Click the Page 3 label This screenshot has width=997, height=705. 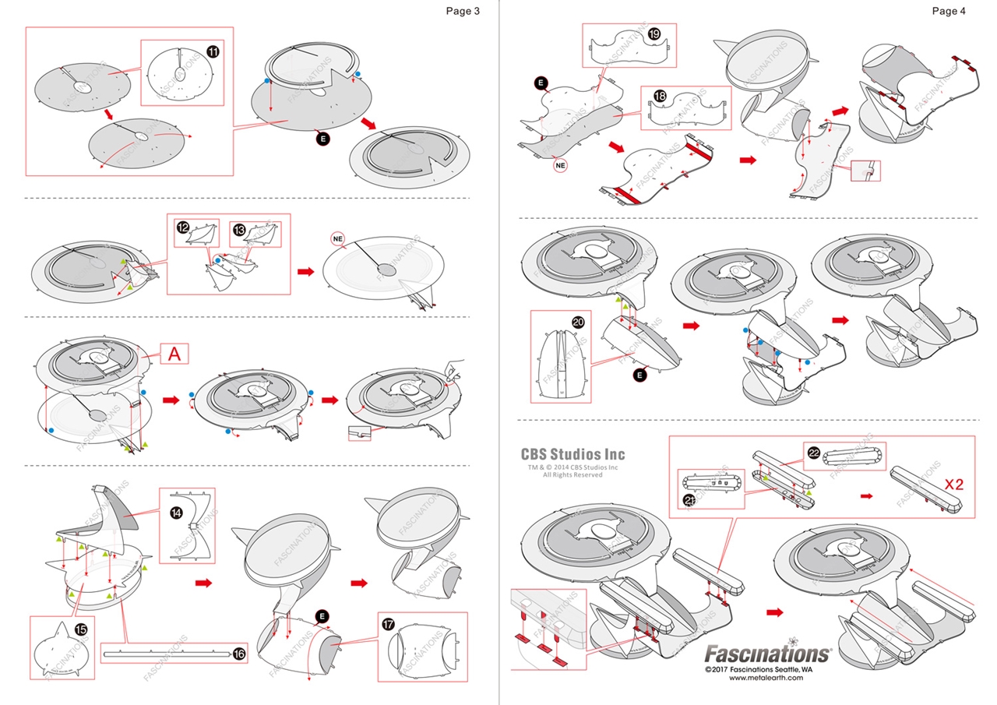point(463,11)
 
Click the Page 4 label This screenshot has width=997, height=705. point(948,11)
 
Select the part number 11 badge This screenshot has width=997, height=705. point(212,51)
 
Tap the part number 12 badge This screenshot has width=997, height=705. point(182,228)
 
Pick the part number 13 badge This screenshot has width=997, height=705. point(239,230)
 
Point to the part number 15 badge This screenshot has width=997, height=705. point(79,629)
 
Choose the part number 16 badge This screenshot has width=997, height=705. point(239,654)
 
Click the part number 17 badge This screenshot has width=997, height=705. point(389,624)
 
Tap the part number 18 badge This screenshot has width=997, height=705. point(660,96)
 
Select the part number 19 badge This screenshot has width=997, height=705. point(654,33)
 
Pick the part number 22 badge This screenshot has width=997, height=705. point(813,453)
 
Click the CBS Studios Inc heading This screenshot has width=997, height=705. point(572,454)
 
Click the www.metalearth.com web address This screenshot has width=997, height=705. point(766,678)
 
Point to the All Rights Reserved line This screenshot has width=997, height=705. point(572,474)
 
